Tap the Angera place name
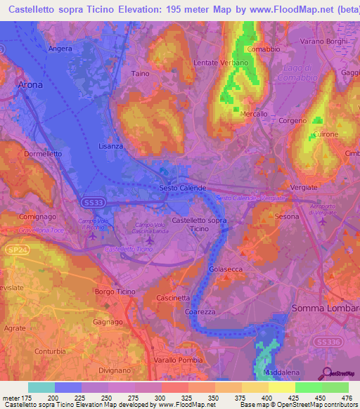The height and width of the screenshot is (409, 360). (60, 48)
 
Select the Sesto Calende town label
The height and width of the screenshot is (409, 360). (183, 188)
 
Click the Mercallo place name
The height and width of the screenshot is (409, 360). (254, 113)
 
